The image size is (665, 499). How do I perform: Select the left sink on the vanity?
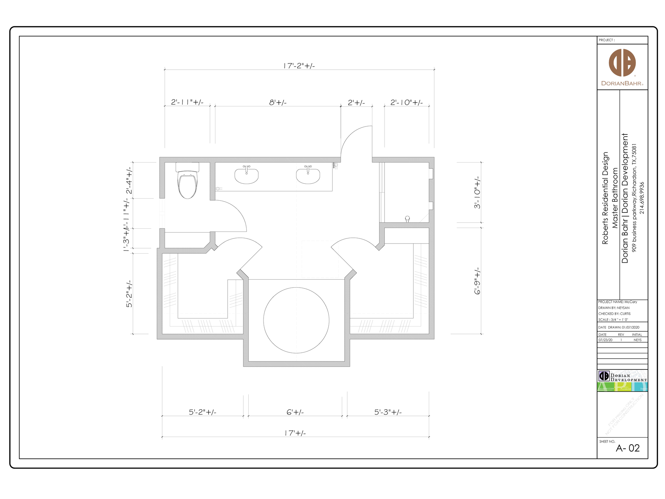pyautogui.click(x=246, y=176)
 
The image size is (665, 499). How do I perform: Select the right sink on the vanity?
pyautogui.click(x=308, y=176)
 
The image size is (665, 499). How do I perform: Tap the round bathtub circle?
pyautogui.click(x=296, y=320)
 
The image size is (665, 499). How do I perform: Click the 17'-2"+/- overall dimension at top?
pyautogui.click(x=299, y=66)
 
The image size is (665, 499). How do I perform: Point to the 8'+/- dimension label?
pyautogui.click(x=278, y=103)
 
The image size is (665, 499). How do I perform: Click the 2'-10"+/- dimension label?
pyautogui.click(x=407, y=103)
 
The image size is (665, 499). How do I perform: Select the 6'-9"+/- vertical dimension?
pyautogui.click(x=477, y=281)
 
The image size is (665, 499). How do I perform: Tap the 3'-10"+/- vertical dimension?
pyautogui.click(x=477, y=193)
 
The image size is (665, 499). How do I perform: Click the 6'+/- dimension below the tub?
pyautogui.click(x=295, y=412)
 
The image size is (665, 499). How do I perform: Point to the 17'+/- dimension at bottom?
pyautogui.click(x=295, y=433)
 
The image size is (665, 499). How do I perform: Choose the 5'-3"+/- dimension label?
pyautogui.click(x=388, y=412)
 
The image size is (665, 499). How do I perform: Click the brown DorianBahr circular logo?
pyautogui.click(x=622, y=63)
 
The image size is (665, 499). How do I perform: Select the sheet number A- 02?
pyautogui.click(x=628, y=448)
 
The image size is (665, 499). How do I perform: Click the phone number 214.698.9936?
pyautogui.click(x=642, y=198)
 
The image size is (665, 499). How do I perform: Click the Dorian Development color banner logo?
pyautogui.click(x=622, y=381)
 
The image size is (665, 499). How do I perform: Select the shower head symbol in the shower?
pyautogui.click(x=407, y=219)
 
